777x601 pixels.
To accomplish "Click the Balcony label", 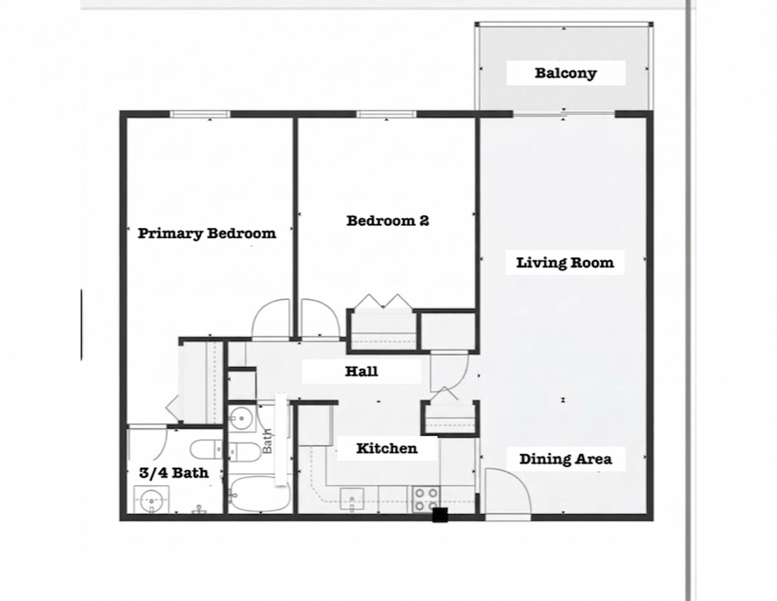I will (x=566, y=73).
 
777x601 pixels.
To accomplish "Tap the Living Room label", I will (x=565, y=263).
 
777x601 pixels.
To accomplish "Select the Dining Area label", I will (x=566, y=459).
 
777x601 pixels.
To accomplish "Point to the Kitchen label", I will (x=387, y=448).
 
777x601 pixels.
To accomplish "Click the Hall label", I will (x=362, y=371).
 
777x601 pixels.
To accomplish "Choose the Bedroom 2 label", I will (x=388, y=221).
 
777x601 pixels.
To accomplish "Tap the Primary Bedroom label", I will (x=207, y=234).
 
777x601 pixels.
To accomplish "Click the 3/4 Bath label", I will (x=174, y=473).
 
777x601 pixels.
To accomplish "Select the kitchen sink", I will (x=352, y=499).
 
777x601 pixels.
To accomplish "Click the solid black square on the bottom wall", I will (x=440, y=515).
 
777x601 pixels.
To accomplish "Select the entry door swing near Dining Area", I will (x=507, y=491).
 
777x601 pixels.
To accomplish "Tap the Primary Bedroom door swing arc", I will (x=270, y=319).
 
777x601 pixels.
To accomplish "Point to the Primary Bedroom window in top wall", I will (x=200, y=114).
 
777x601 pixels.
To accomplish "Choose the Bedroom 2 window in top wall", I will (x=387, y=114).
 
